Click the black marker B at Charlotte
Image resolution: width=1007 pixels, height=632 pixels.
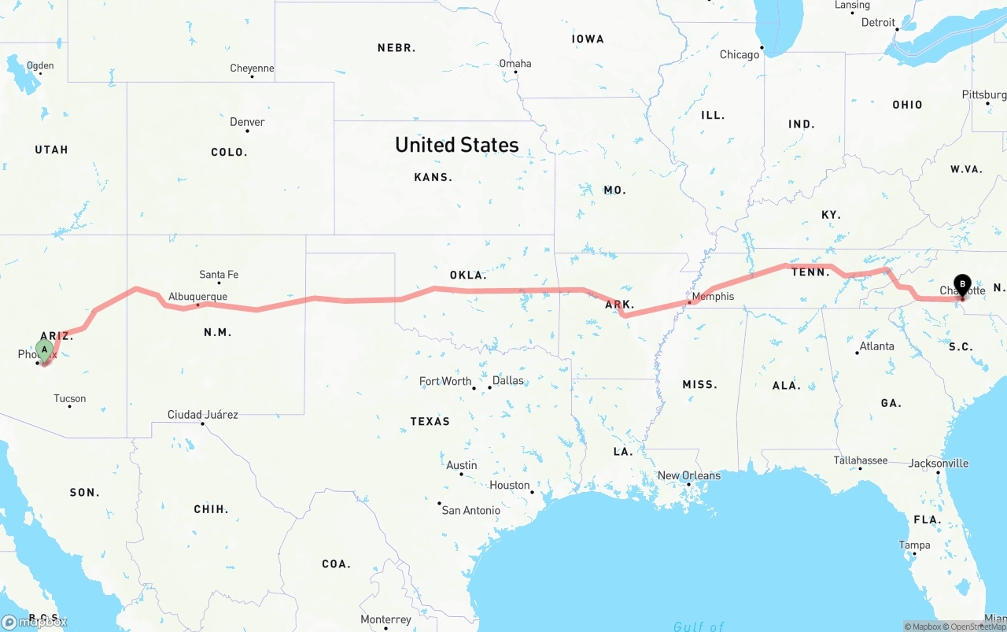[962, 284]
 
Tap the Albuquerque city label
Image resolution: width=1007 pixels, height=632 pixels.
[197, 297]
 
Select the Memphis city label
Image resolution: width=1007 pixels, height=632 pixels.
[714, 296]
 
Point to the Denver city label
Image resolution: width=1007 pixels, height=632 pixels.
[247, 122]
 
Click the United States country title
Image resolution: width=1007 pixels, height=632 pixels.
[456, 145]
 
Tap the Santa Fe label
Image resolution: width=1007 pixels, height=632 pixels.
[219, 275]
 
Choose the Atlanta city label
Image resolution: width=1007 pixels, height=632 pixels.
[876, 346]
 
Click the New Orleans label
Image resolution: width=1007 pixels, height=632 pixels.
[688, 475]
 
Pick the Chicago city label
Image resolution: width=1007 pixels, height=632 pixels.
[740, 54]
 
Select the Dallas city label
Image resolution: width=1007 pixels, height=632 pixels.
[507, 380]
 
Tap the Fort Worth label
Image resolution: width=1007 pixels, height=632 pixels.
[444, 381]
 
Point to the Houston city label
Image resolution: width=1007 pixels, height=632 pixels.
[509, 485]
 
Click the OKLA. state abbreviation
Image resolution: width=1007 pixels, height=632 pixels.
[467, 275]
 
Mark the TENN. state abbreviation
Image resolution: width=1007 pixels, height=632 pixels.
[810, 272]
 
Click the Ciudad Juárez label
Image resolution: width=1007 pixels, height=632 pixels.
[202, 415]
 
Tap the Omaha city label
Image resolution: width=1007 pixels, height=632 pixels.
[515, 64]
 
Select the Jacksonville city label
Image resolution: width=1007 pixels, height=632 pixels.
[939, 464]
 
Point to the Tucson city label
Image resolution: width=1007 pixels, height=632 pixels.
[70, 398]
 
